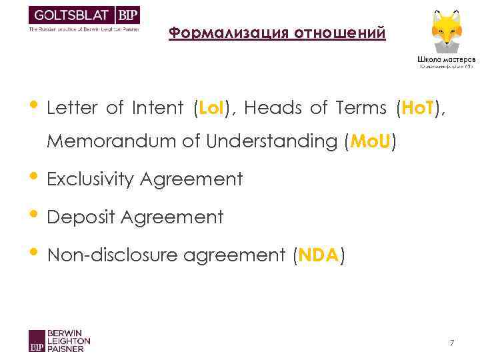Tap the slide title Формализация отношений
277,33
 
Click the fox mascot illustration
446,30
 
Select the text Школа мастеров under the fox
446,58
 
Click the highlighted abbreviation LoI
210,108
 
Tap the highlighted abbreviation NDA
319,255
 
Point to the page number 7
451,343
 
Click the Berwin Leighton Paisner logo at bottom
59,340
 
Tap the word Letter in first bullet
71,108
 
